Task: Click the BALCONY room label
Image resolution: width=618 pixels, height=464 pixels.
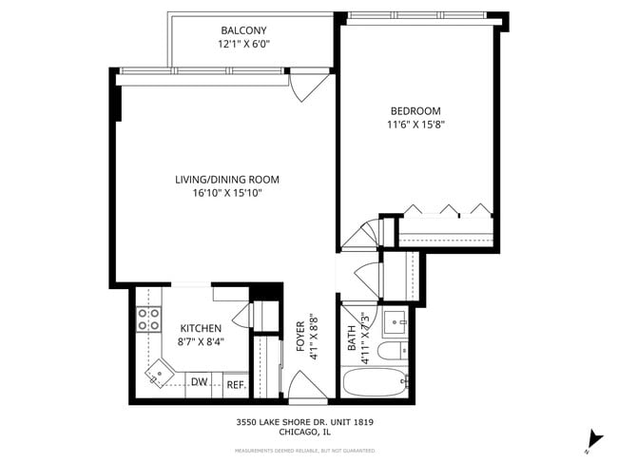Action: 242,29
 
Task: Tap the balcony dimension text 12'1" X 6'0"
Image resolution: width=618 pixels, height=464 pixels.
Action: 242,44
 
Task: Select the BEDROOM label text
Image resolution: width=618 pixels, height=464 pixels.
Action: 414,110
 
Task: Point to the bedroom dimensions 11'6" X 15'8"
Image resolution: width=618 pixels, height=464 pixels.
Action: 415,125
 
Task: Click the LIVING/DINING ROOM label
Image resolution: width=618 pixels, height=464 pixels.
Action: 226,179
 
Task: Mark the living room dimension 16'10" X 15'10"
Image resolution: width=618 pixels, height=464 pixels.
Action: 226,193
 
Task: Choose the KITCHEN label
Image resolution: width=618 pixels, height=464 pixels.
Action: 201,328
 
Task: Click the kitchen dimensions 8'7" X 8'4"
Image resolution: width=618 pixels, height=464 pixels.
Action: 201,342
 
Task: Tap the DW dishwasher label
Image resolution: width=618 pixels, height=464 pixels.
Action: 200,382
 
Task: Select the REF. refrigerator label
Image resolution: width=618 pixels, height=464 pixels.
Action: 235,385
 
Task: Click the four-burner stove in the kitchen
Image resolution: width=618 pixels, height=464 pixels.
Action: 148,319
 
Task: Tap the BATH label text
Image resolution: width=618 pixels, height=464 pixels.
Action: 352,339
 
